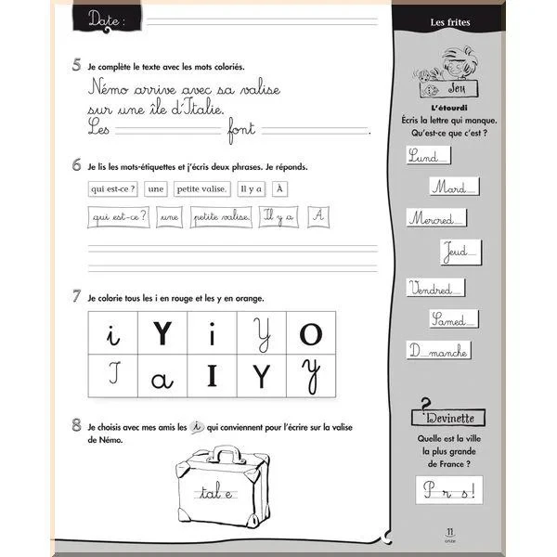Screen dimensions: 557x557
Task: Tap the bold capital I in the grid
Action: point(212,376)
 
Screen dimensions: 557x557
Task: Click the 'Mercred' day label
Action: point(433,220)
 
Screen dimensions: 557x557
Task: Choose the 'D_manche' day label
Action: point(439,351)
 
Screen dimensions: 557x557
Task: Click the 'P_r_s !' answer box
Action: point(450,489)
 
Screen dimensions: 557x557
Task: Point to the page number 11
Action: point(449,531)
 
